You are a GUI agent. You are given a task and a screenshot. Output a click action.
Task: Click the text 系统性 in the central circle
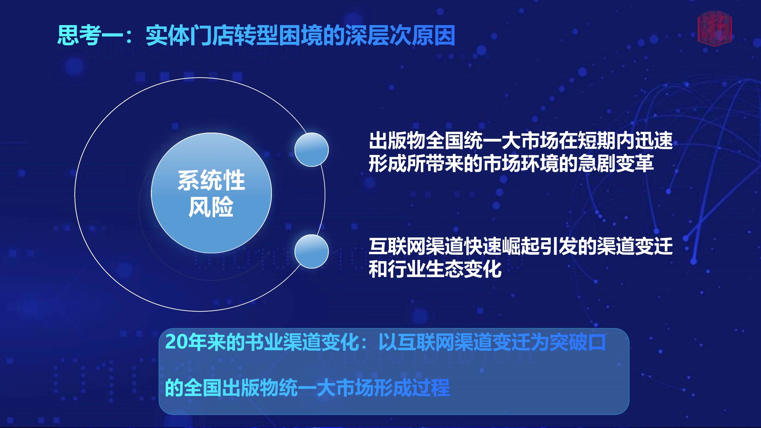point(211,180)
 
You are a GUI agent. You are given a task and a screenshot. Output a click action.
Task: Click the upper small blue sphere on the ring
point(311,150)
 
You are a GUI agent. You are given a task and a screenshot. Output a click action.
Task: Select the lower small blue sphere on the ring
point(311,251)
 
